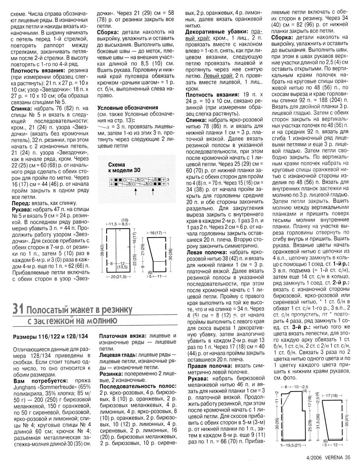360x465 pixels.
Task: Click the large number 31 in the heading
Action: (20, 297)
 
